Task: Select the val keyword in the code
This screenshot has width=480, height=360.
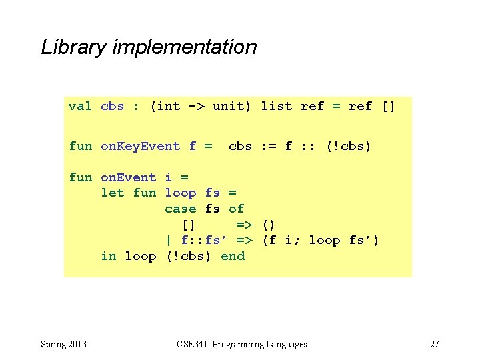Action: (x=80, y=107)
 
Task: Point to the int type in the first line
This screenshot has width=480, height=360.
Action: (x=168, y=107)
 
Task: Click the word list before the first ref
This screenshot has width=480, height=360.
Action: (x=276, y=107)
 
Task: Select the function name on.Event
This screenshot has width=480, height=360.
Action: (x=128, y=178)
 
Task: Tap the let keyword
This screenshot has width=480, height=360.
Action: (x=112, y=193)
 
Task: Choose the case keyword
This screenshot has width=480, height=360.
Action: (x=180, y=209)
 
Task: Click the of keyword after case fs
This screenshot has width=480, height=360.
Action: (x=236, y=209)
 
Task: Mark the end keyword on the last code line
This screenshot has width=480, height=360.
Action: (x=233, y=257)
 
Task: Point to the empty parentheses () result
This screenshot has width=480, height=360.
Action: (x=269, y=225)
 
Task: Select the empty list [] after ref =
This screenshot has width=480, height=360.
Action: (x=388, y=107)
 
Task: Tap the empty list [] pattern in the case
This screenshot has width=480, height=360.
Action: (x=188, y=225)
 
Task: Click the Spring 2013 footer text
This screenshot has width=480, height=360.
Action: (x=63, y=345)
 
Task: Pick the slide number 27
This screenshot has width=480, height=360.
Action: (x=435, y=345)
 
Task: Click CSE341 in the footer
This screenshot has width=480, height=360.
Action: (x=193, y=345)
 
